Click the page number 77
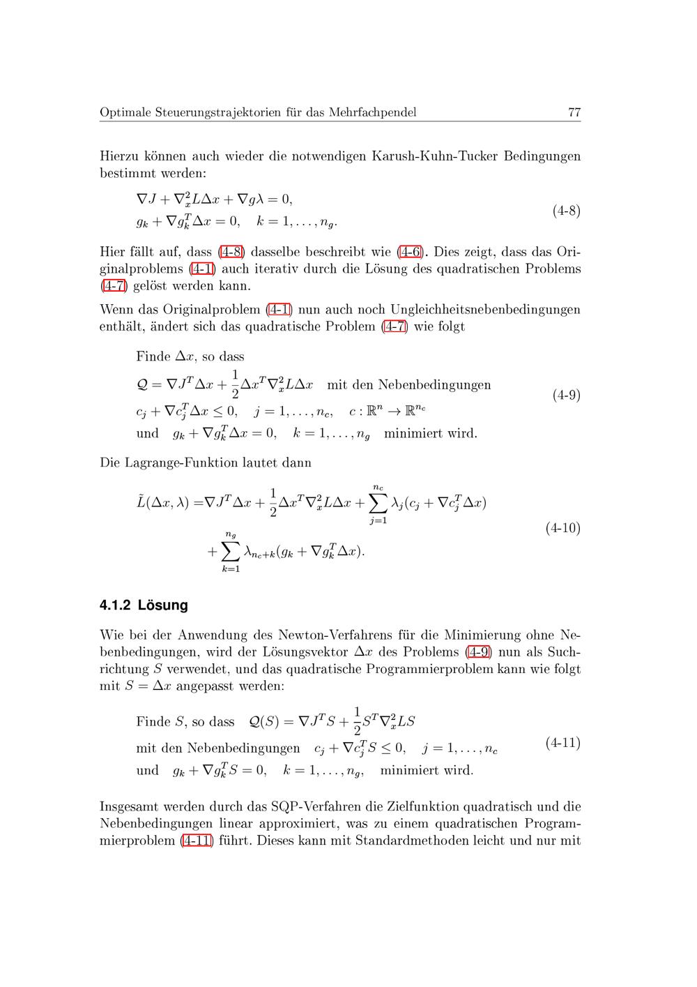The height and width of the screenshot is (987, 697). coord(574,112)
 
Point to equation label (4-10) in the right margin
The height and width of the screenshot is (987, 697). coord(562,528)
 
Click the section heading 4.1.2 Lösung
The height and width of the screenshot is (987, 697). coord(144,605)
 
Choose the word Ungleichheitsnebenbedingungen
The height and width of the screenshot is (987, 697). coord(485,309)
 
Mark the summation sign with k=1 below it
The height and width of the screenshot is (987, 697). coord(231,552)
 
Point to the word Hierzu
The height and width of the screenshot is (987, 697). coord(120,156)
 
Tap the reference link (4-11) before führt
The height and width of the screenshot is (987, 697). coord(196,841)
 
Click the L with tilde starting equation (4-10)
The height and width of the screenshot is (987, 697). coord(141,502)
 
